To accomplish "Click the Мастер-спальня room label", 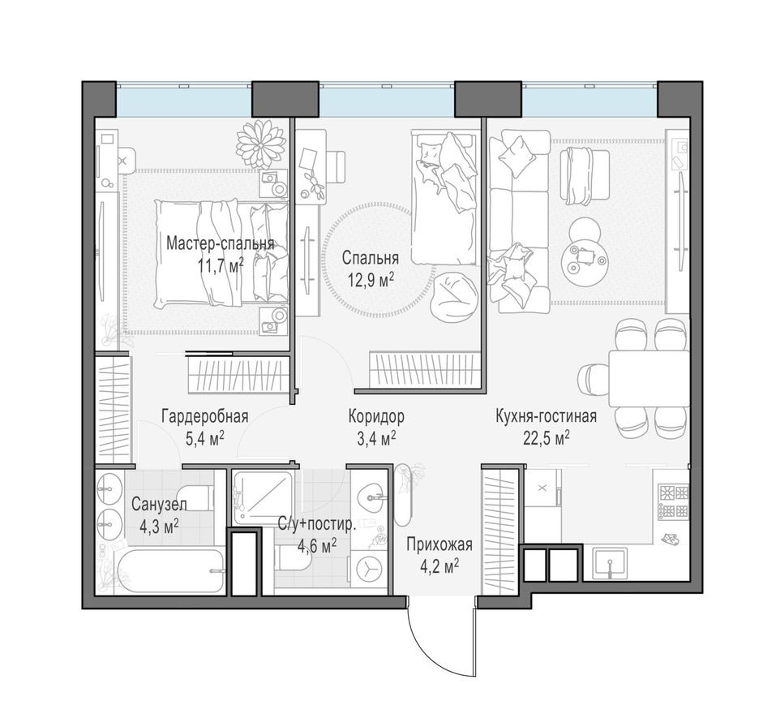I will coord(220,243).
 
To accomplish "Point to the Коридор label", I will coord(375,416).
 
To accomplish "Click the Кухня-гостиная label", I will coord(546,416).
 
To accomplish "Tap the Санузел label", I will coord(159,504).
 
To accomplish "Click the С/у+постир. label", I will coord(316,524).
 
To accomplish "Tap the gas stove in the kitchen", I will coord(672,502).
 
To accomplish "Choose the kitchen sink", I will coord(609,563).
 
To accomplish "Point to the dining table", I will coord(649,377).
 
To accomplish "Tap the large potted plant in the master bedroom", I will coord(261,143).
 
